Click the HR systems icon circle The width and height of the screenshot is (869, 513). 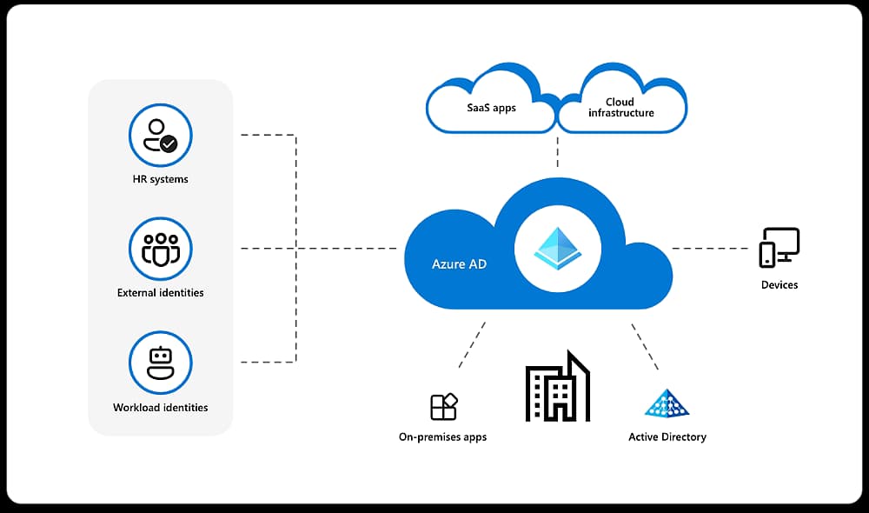(160, 136)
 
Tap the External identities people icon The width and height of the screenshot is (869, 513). (160, 249)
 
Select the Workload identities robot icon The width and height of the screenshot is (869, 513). (160, 362)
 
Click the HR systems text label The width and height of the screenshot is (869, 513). (155, 179)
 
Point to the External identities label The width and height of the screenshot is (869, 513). (161, 293)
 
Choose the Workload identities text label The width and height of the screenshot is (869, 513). (161, 407)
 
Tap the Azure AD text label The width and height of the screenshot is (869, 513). (459, 263)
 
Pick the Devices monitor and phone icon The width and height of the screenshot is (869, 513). (779, 247)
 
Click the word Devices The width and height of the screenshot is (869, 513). (779, 284)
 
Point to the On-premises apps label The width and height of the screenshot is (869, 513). (442, 436)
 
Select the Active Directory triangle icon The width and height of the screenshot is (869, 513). (667, 403)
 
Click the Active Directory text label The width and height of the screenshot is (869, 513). (667, 436)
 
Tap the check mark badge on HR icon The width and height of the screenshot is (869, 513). (169, 144)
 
